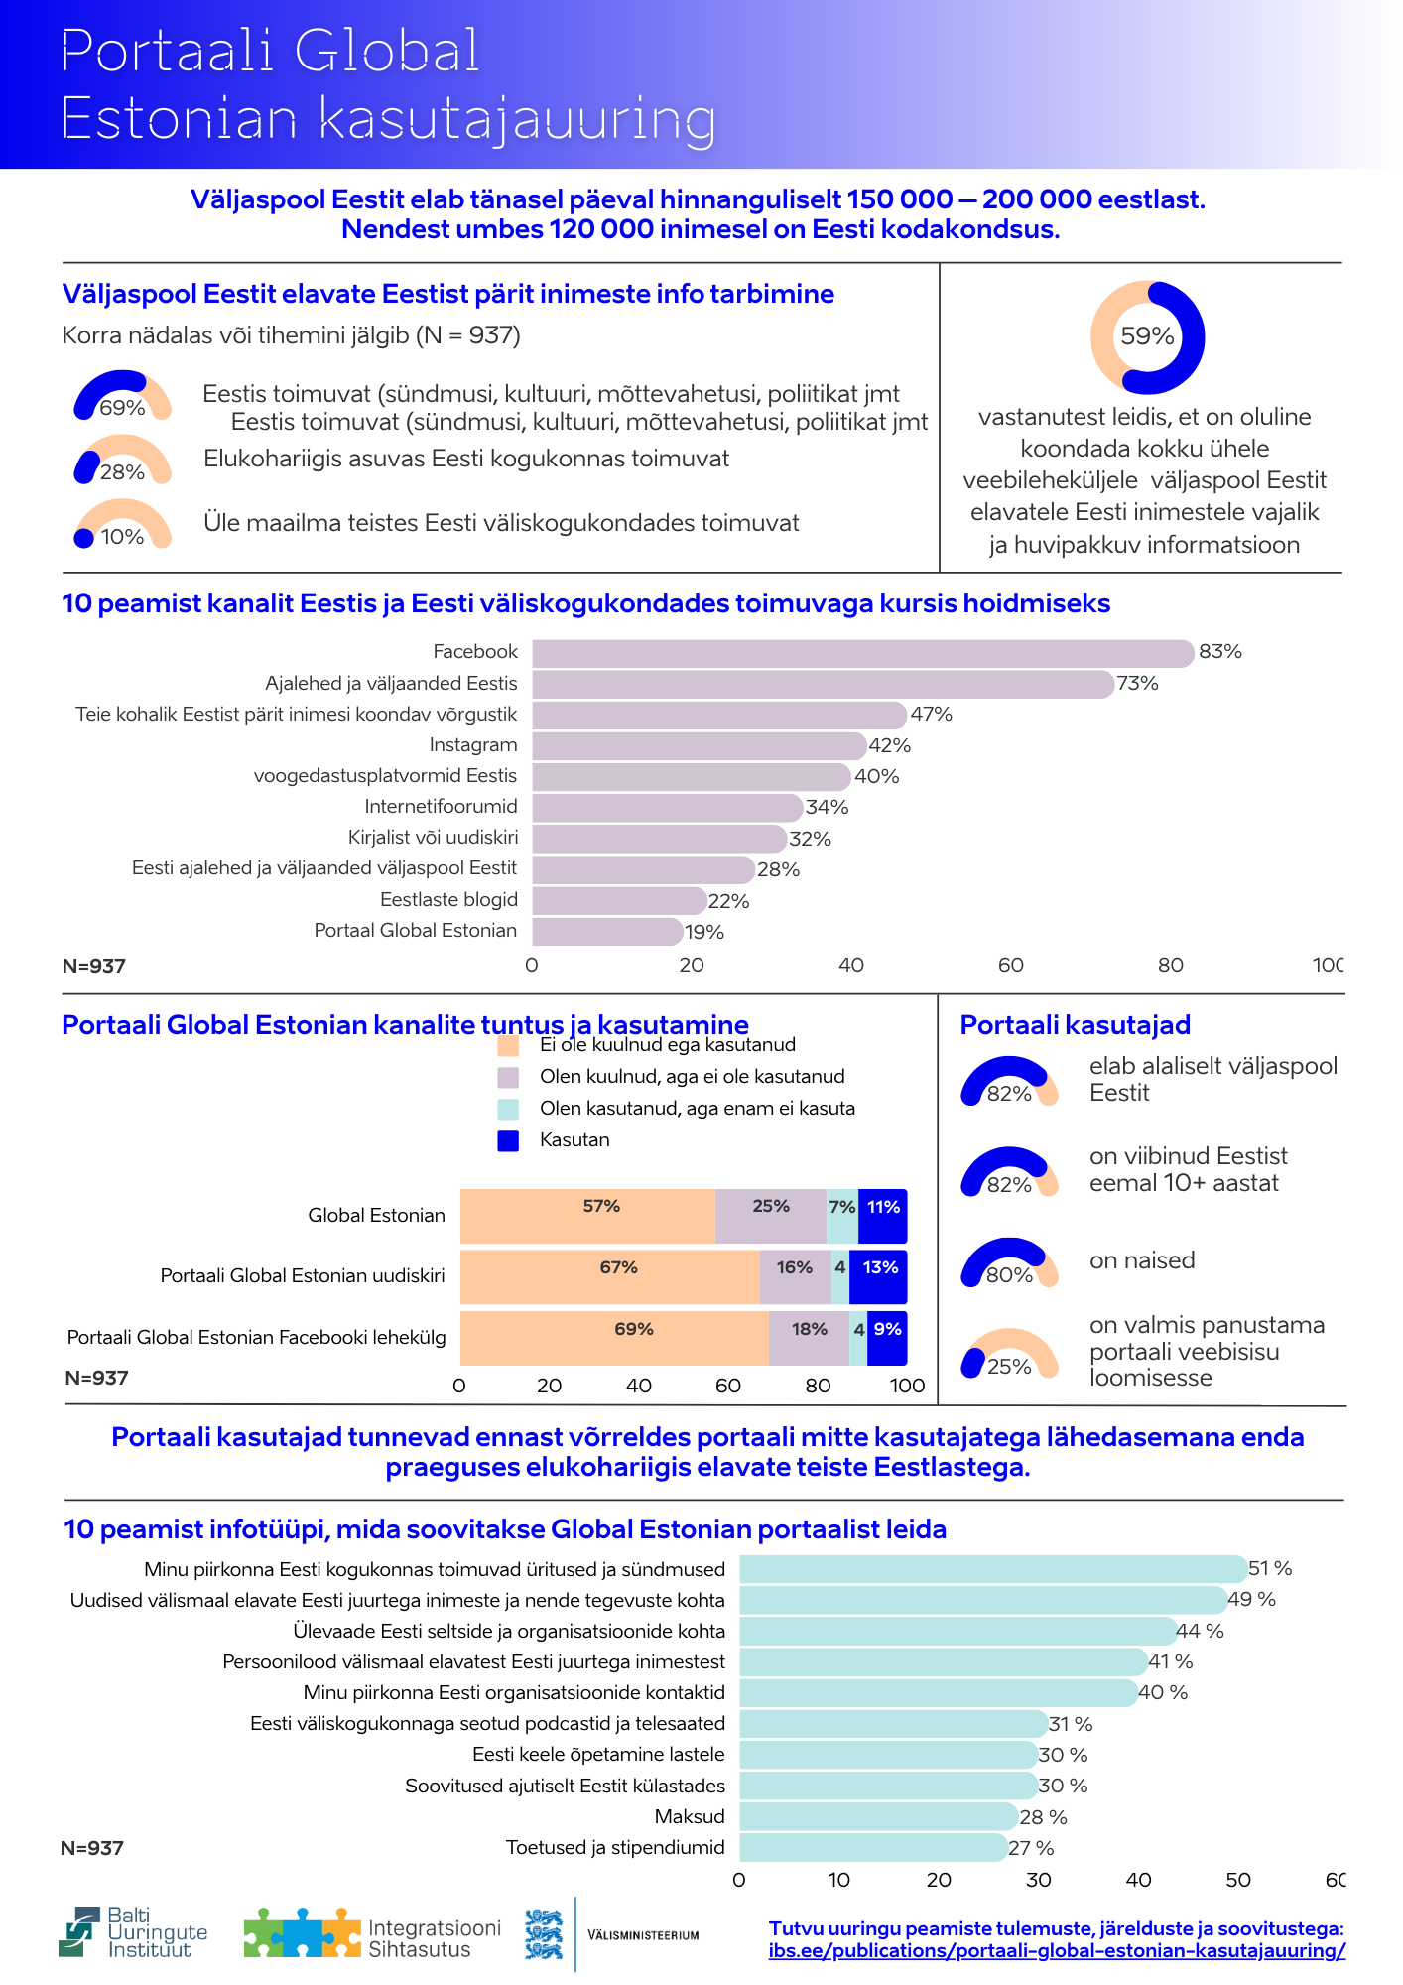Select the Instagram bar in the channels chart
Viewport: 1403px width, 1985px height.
(699, 745)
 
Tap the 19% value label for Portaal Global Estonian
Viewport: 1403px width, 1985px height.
(704, 932)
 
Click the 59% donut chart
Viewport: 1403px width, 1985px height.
(1147, 337)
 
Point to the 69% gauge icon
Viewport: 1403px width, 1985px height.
(122, 396)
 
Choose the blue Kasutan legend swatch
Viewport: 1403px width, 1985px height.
(508, 1140)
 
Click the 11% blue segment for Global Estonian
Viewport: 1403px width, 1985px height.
(882, 1216)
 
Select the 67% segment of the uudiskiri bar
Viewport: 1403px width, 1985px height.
(609, 1276)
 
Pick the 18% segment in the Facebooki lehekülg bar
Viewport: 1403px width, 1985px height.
(809, 1338)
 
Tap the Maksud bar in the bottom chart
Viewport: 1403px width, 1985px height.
(878, 1816)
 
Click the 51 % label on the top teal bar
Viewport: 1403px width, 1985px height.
(1270, 1568)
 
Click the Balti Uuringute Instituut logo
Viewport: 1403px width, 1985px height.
(134, 1932)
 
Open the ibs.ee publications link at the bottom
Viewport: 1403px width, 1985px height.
(1057, 1950)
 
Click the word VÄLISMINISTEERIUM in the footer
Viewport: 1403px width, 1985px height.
(643, 1935)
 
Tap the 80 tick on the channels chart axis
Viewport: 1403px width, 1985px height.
(1171, 965)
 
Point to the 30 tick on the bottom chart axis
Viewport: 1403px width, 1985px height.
(1039, 1879)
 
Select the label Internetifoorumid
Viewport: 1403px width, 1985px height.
(441, 807)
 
